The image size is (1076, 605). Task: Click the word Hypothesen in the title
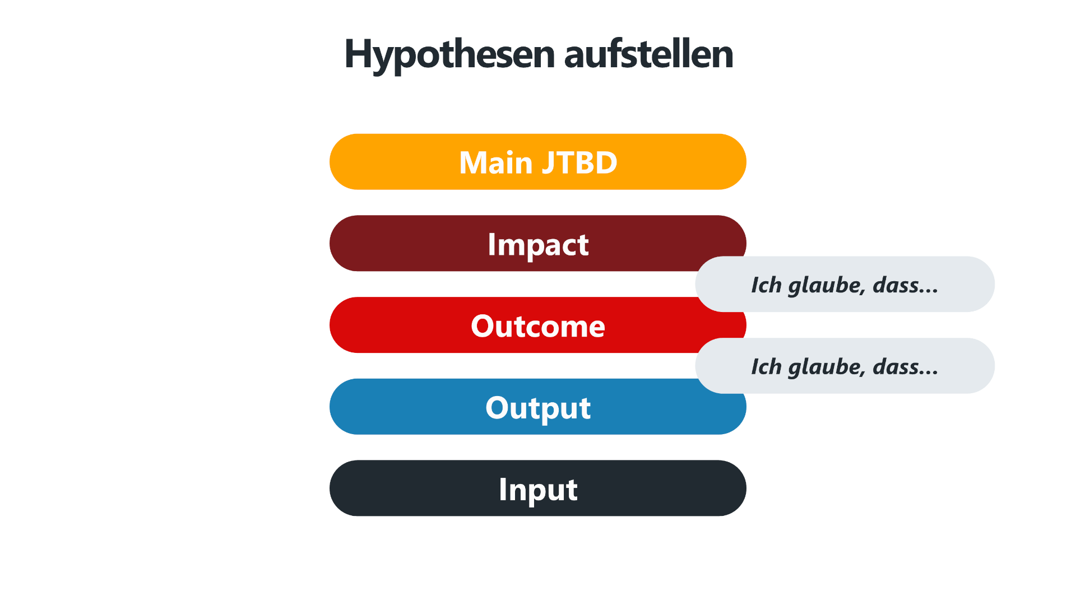tap(449, 55)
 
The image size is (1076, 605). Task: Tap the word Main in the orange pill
tap(495, 162)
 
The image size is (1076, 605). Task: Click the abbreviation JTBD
tap(579, 162)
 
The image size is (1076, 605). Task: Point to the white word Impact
tap(538, 245)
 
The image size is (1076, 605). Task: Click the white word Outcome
tap(538, 326)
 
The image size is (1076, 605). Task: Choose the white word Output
tap(538, 408)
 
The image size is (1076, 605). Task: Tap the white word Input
tap(538, 490)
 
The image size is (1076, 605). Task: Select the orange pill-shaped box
tap(538, 162)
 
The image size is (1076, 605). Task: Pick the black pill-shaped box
tap(538, 488)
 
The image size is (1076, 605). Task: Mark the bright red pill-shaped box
tap(504, 325)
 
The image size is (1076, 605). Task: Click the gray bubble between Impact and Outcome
tap(845, 284)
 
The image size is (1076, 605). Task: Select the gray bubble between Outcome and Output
tap(845, 366)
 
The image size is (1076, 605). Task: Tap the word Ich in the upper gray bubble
tap(766, 285)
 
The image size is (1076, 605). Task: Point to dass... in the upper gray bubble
tap(905, 286)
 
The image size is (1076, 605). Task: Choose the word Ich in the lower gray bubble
tap(766, 367)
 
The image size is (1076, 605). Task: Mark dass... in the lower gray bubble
tap(905, 367)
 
